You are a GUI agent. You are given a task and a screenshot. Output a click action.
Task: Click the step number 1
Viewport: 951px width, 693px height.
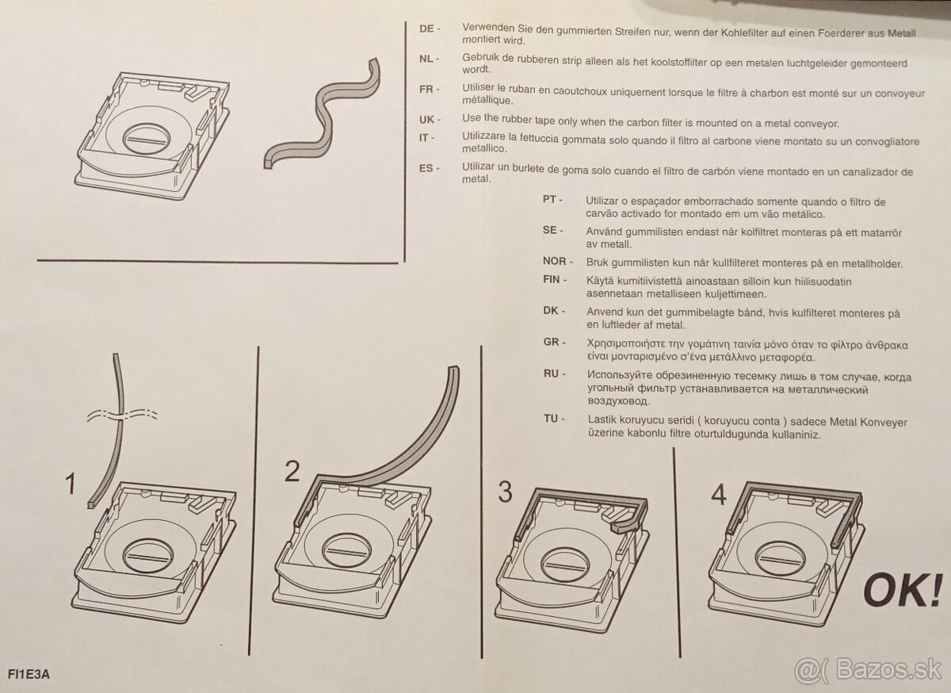71,484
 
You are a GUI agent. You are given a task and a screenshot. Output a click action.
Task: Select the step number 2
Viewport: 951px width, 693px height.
292,471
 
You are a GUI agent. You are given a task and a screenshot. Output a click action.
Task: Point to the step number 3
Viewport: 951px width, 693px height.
505,492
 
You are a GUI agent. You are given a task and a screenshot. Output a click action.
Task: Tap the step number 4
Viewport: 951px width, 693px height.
719,495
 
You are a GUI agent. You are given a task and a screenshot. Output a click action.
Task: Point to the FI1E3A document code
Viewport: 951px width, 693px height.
29,674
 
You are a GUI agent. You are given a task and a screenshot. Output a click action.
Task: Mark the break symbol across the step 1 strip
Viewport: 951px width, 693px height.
122,415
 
